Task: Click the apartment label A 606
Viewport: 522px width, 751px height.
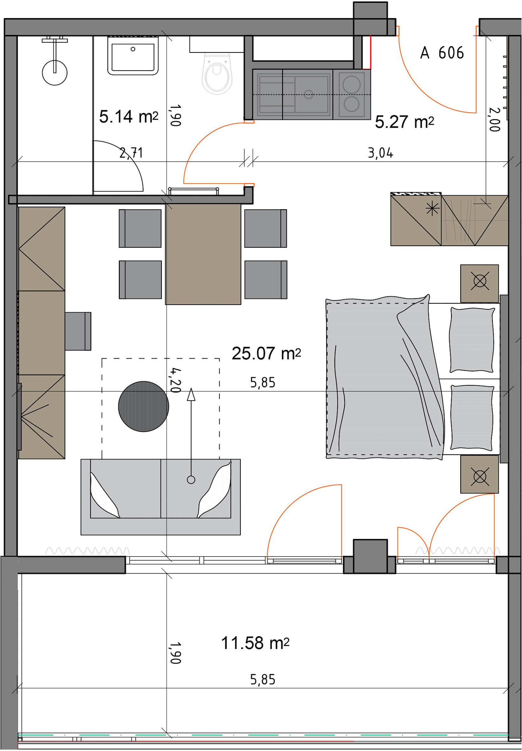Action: click(442, 53)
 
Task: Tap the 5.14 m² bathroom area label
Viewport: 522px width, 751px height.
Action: click(128, 117)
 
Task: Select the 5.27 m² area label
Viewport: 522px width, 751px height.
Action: click(404, 122)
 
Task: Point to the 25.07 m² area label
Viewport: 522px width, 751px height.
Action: click(266, 354)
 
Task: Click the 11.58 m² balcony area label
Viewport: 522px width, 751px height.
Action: click(255, 643)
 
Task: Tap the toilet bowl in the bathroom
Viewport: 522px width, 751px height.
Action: click(217, 73)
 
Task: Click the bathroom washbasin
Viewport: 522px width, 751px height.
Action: click(133, 56)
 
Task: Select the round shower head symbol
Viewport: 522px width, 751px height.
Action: click(55, 72)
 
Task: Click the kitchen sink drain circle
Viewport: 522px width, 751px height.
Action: click(308, 94)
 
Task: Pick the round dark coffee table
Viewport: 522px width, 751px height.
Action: click(144, 406)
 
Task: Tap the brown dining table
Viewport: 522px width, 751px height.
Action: click(203, 254)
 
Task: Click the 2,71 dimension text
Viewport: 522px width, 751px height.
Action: click(131, 153)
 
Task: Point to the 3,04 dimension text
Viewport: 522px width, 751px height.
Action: click(381, 153)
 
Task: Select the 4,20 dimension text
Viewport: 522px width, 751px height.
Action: click(175, 380)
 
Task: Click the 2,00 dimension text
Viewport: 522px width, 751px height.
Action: click(494, 119)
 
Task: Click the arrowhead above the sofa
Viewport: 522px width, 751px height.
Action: click(191, 394)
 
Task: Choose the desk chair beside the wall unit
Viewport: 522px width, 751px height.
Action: click(78, 331)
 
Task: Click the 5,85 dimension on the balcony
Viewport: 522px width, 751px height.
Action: click(263, 680)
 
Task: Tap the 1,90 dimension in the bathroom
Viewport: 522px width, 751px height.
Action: click(175, 115)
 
